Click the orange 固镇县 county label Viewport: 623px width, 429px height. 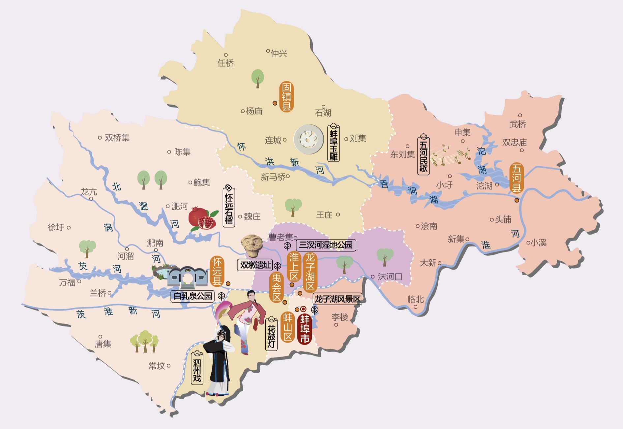(x=286, y=97)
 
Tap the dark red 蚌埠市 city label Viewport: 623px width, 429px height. (x=305, y=329)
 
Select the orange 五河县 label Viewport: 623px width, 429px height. (x=516, y=178)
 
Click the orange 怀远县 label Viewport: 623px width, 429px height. (x=217, y=271)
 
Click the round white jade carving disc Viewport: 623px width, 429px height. (x=309, y=139)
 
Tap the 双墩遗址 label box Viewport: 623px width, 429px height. (x=255, y=265)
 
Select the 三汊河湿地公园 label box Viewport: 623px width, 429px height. (x=326, y=245)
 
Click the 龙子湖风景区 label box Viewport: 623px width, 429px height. (x=337, y=299)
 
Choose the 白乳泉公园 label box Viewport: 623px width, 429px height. (x=193, y=296)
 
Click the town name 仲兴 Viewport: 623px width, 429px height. (x=279, y=53)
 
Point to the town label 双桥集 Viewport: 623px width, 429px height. (x=117, y=138)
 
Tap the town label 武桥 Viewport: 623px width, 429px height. (x=518, y=124)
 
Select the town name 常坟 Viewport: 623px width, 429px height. (x=157, y=366)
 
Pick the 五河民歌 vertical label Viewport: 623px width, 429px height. (x=424, y=155)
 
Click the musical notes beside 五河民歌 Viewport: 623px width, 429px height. (x=452, y=155)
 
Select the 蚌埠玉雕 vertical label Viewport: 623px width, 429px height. (x=334, y=144)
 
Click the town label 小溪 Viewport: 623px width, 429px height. (x=539, y=243)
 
